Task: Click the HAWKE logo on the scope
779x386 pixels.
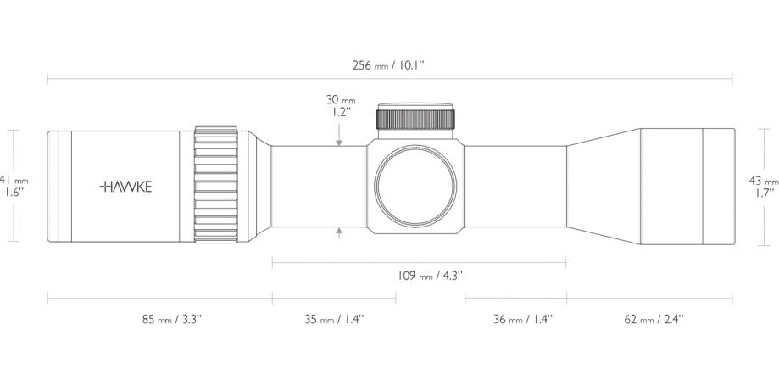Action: [x=126, y=187]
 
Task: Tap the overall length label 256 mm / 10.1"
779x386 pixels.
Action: [x=390, y=65]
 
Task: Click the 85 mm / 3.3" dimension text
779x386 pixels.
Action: [x=171, y=320]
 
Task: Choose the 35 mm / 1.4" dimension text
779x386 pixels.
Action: [x=334, y=320]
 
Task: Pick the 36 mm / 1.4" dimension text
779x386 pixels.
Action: [x=523, y=320]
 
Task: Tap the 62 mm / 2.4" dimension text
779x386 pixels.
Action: [x=654, y=320]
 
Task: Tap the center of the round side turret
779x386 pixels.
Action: [x=416, y=187]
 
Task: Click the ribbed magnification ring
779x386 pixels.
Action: [x=217, y=185]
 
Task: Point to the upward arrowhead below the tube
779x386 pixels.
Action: [x=339, y=230]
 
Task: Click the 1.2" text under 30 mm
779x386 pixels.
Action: [x=342, y=111]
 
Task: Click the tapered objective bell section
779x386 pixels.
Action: [x=602, y=185]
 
